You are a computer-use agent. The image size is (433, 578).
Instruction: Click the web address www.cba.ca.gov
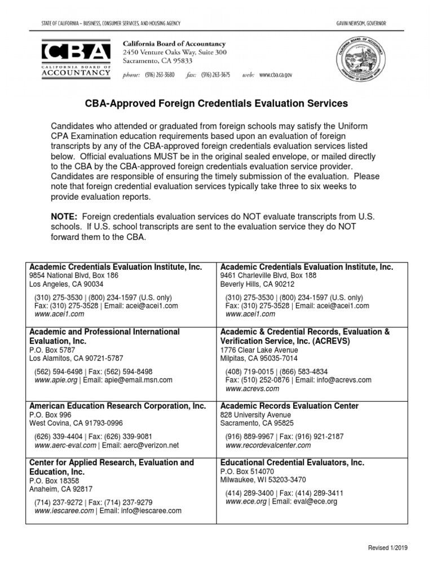point(276,75)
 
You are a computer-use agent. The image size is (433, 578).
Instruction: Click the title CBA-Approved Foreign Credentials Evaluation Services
point(216,104)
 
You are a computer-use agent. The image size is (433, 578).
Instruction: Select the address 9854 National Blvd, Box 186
point(74,275)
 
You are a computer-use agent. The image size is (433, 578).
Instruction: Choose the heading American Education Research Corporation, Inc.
point(117,406)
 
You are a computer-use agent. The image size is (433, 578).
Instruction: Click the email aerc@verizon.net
point(149,445)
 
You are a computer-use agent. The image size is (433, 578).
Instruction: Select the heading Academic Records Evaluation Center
point(289,406)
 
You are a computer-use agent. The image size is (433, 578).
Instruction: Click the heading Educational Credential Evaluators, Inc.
point(292,462)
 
